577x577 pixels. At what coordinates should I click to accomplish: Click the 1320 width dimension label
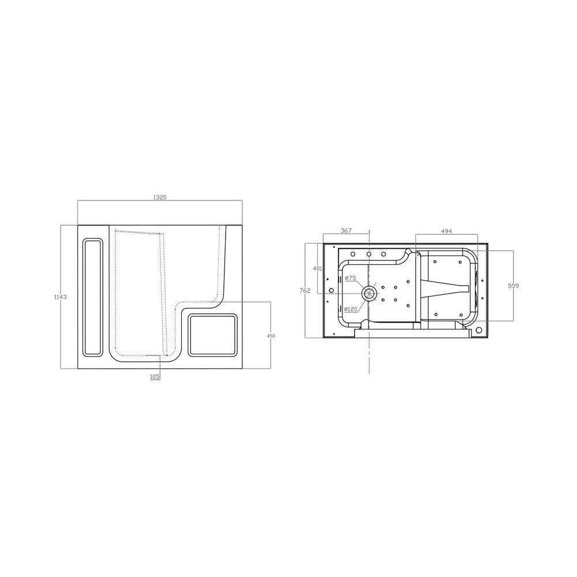160,197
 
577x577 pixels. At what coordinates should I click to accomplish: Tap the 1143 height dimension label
61,297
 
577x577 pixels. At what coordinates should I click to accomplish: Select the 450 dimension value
271,335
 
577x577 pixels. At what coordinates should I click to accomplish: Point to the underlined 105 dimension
155,376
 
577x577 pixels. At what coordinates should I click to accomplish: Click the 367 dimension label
346,231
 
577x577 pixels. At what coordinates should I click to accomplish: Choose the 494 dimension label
447,231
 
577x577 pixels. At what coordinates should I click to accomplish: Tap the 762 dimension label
305,290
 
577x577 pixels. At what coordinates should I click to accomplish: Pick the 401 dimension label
317,268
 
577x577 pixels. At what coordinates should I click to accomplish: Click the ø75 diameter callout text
350,278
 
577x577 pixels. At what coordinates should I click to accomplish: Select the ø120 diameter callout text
351,309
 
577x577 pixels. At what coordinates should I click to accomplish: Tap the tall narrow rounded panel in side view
93,297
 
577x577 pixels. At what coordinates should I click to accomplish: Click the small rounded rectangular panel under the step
213,335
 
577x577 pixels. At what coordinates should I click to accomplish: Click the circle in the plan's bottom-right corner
478,331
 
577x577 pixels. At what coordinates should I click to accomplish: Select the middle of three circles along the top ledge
369,254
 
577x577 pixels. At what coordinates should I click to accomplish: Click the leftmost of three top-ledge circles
353,254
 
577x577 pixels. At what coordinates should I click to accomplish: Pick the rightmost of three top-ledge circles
384,254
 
